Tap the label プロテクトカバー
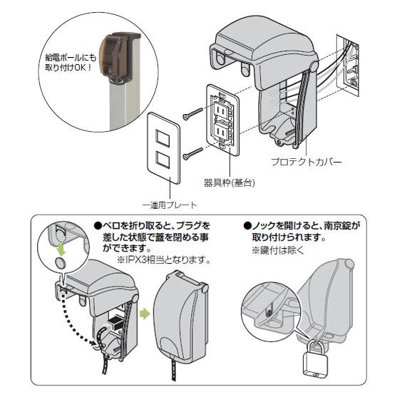306,162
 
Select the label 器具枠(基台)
230,182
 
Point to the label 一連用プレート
170,205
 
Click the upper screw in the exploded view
192,113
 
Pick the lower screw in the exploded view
192,154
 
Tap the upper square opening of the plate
163,138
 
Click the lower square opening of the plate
163,160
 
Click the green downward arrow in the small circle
61,248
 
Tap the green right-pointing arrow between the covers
145,314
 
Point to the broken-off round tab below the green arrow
61,263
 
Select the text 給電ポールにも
71,58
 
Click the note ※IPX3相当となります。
163,259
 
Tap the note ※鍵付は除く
277,250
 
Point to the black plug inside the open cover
113,321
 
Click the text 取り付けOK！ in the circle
68,68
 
